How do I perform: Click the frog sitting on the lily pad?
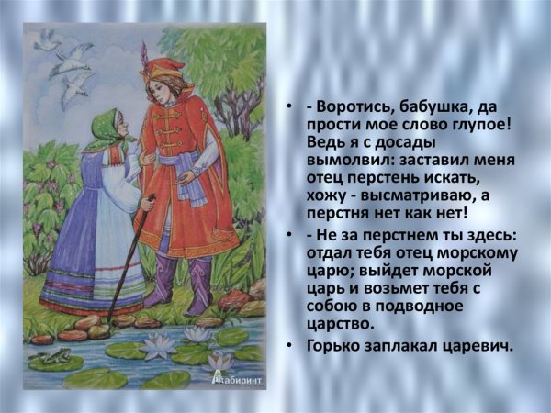click(54, 356)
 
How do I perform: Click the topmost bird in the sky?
click(47, 39)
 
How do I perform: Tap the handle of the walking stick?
click(152, 198)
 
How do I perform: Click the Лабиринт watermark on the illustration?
click(237, 380)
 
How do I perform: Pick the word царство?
click(339, 324)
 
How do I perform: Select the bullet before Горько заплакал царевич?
click(288, 347)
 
